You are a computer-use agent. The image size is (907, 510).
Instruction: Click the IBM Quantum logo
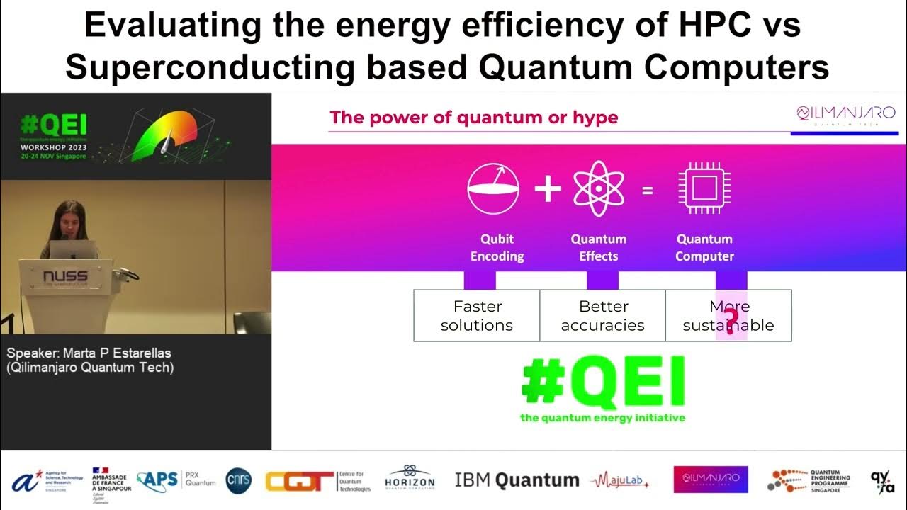(x=517, y=480)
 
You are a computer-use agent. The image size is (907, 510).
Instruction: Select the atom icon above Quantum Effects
(x=598, y=189)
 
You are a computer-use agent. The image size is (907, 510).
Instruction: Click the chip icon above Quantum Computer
(x=704, y=189)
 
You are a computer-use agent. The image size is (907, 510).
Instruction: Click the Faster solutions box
(x=477, y=316)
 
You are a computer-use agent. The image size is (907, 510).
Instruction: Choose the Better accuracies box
(x=602, y=316)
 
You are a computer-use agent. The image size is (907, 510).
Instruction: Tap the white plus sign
(x=548, y=190)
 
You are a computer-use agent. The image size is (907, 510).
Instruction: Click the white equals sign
(x=648, y=190)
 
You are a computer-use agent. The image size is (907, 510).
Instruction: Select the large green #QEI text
(x=603, y=380)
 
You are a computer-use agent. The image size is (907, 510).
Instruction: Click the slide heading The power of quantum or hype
(x=474, y=117)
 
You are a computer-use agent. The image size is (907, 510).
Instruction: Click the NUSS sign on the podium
(x=65, y=276)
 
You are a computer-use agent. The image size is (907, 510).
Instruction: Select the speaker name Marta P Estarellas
(x=89, y=353)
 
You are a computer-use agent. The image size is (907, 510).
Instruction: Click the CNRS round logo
(x=238, y=480)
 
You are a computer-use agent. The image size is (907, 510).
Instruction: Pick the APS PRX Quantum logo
(x=176, y=480)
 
